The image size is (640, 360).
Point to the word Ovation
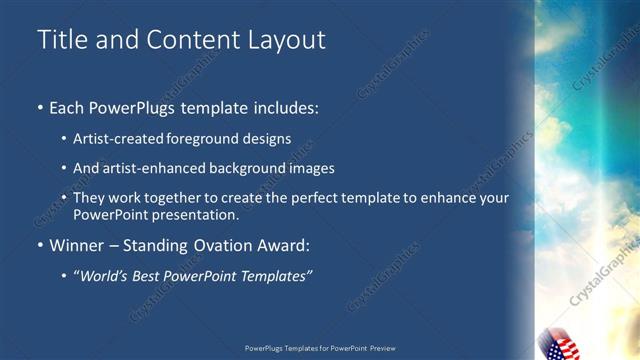(x=214, y=245)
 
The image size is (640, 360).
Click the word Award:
(x=281, y=245)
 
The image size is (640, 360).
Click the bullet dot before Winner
(x=40, y=245)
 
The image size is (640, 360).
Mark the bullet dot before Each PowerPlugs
(x=40, y=107)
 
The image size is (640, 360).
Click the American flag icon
(x=559, y=343)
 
